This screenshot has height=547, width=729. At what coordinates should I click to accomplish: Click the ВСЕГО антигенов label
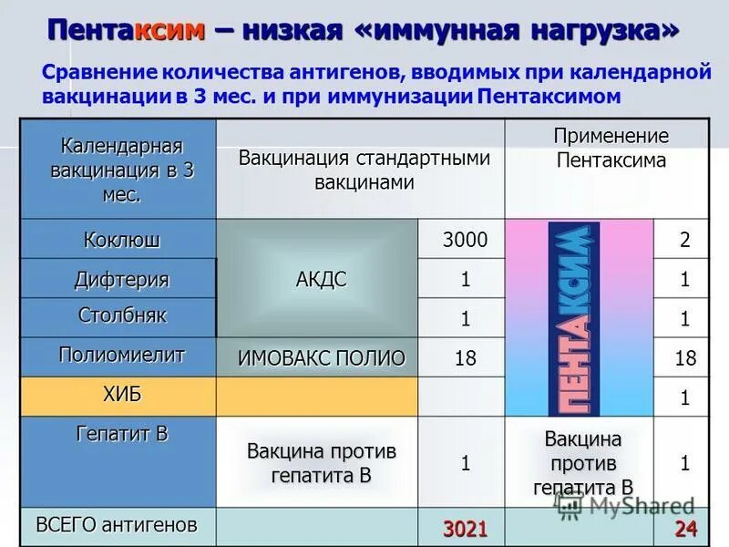pos(116,524)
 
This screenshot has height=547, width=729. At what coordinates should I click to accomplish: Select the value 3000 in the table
pos(465,241)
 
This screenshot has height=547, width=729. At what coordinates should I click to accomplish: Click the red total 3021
pos(465,528)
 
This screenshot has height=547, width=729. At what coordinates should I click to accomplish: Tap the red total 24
pos(684,528)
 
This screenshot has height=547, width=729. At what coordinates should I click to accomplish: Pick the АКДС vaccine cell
pos(321,279)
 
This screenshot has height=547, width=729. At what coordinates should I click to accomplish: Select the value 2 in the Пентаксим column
pos(684,241)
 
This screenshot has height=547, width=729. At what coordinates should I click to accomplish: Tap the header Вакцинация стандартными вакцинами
pos(364,170)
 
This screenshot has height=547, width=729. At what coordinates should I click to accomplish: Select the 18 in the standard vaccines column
pos(465,358)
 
